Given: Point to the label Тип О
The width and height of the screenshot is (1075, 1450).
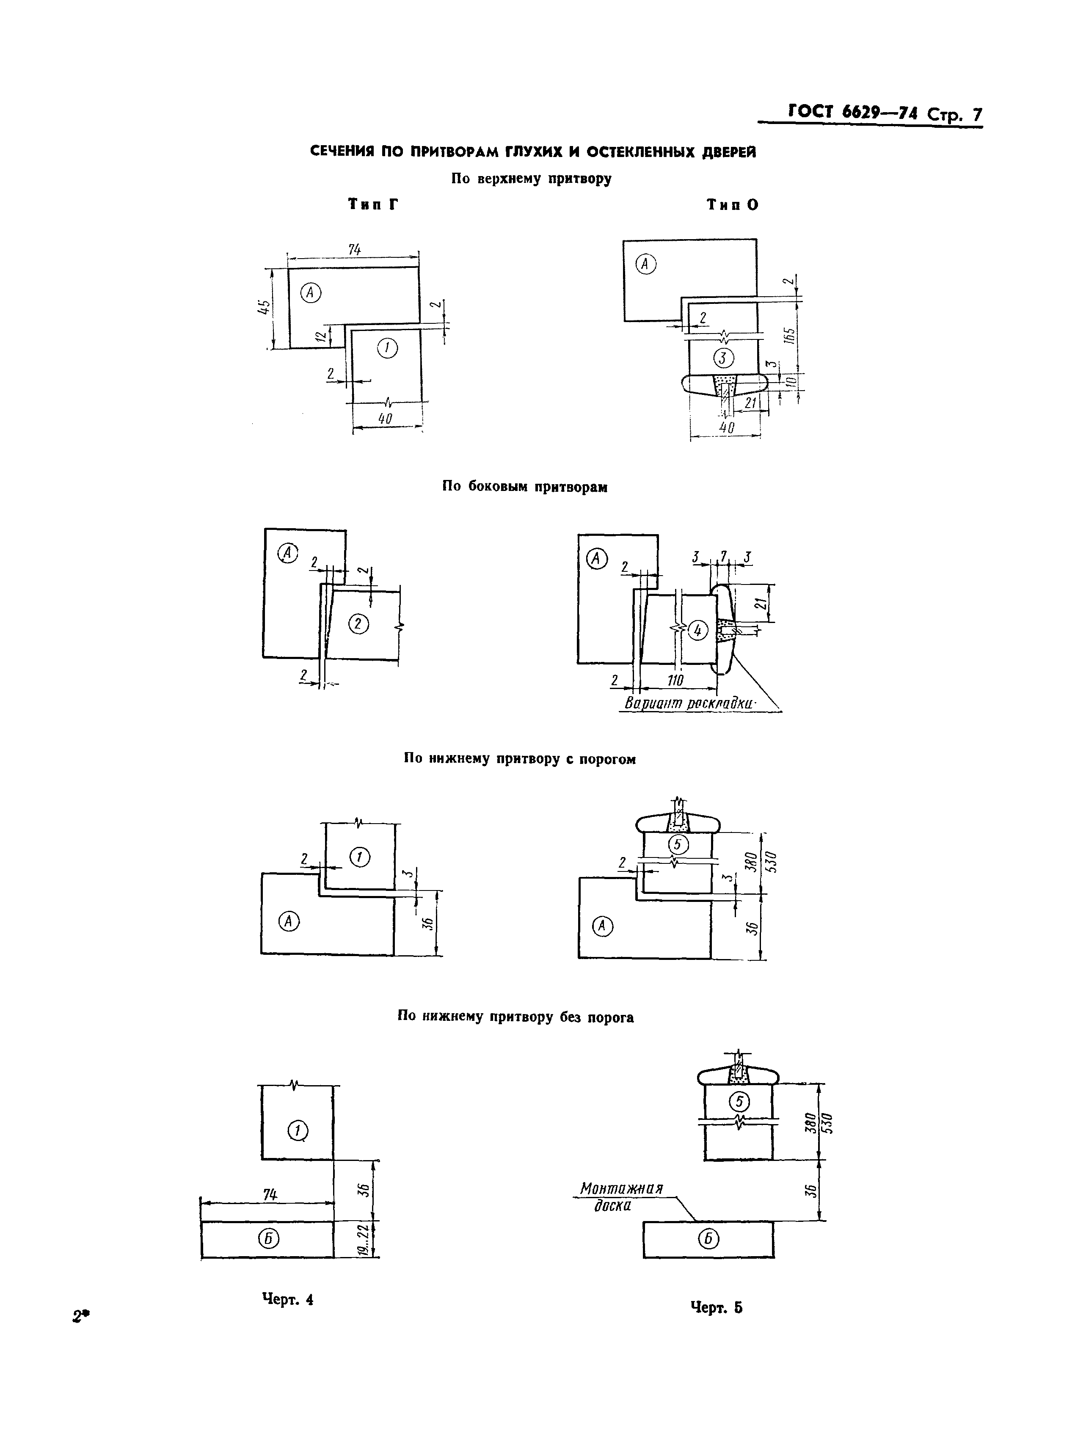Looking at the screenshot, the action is coord(733,205).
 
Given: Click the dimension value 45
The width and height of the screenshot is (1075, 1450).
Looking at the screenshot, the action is coord(264,308).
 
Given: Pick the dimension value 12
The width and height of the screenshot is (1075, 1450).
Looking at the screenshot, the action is coord(320,336).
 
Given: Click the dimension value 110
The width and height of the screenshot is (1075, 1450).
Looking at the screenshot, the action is coord(675,681).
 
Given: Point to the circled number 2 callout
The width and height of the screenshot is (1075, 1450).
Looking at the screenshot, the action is coord(358,624).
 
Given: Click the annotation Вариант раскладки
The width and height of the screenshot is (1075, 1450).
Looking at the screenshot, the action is coord(689,703).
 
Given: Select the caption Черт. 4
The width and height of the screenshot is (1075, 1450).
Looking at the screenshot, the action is coord(288,1300).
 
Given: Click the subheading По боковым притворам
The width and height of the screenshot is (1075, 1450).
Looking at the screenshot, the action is coord(525,487).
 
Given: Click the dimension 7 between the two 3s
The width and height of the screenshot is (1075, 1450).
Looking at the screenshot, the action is coord(722,557).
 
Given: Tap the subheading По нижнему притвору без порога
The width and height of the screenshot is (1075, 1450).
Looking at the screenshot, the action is coord(516,1017).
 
